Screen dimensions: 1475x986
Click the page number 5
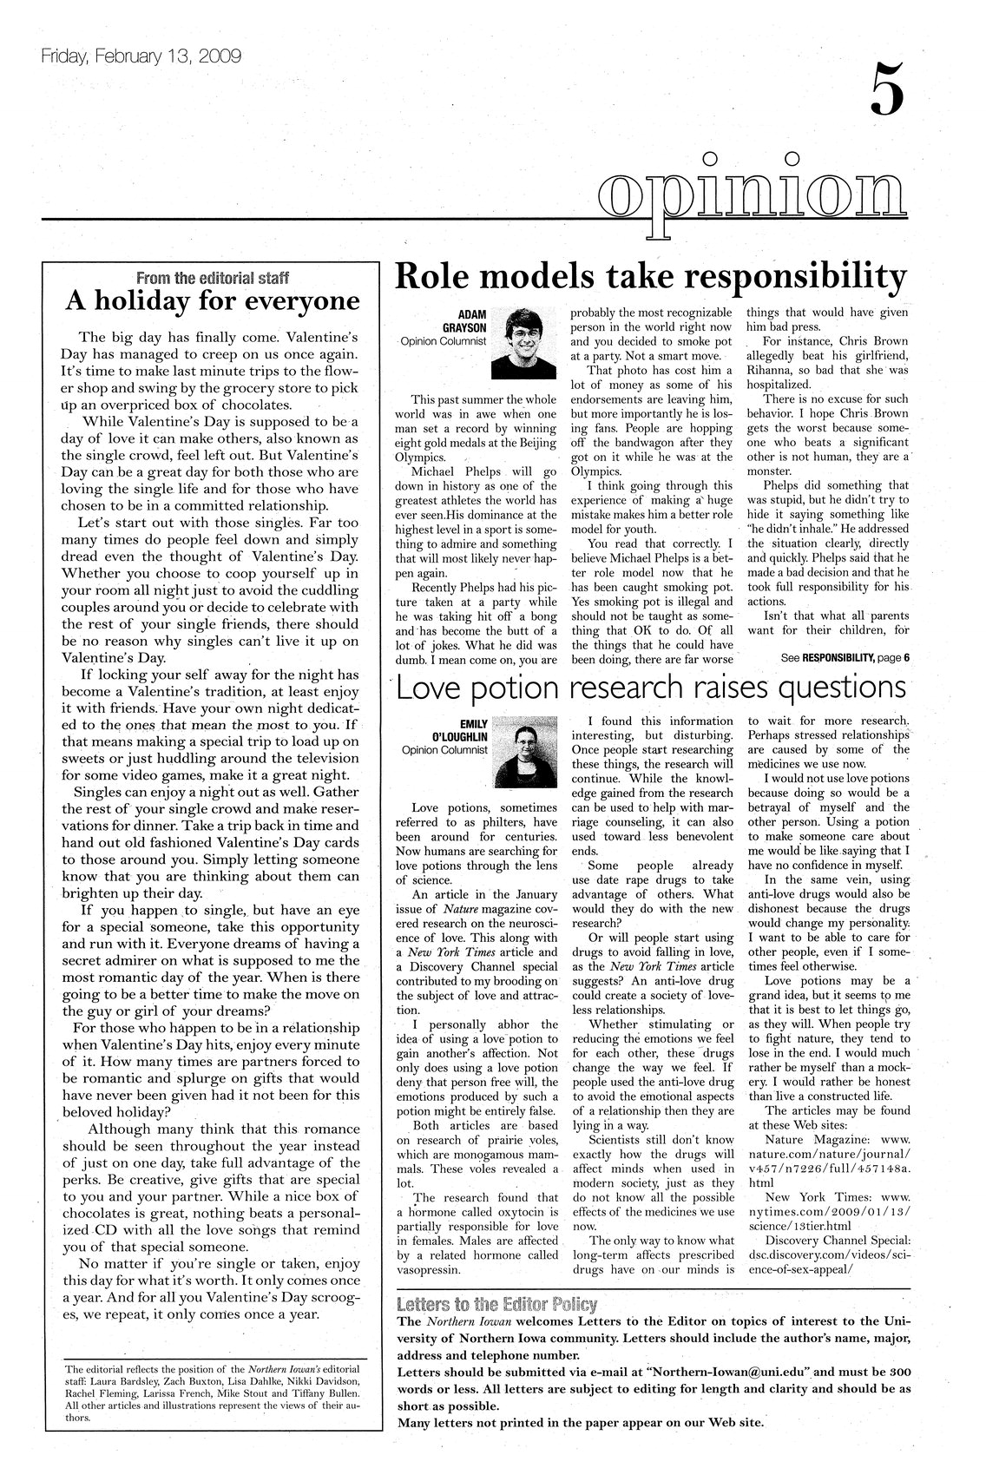886,90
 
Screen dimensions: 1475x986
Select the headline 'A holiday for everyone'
213,301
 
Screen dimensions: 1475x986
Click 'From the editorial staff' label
213,279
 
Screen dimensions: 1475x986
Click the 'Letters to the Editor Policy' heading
496,1304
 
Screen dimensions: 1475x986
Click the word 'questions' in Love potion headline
839,688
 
